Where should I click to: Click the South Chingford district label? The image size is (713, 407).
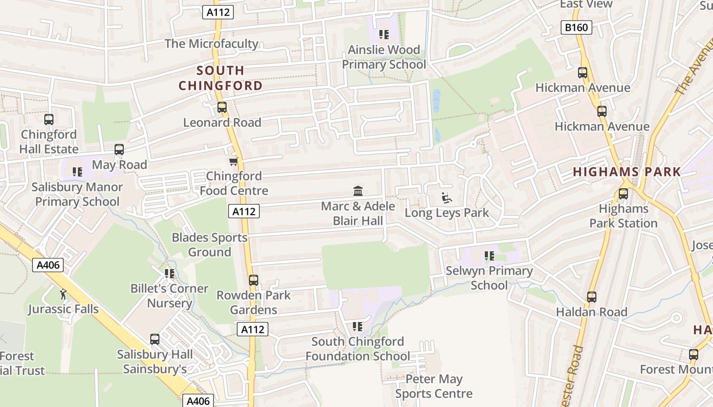[221, 78]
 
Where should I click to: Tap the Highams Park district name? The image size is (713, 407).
[626, 172]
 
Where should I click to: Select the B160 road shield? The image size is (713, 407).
[577, 27]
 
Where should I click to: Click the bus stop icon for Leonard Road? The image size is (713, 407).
[222, 107]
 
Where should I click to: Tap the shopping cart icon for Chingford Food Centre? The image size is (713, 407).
[233, 161]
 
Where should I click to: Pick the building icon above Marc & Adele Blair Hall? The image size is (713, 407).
[358, 191]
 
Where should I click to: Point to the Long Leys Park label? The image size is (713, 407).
[447, 213]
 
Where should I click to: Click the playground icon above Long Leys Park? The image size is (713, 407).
[447, 198]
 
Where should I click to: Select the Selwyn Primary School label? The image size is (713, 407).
[489, 278]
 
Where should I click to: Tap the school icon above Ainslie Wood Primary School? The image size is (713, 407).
[384, 35]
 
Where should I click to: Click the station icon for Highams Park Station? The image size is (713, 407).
[623, 194]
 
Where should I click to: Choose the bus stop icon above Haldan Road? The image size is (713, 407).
[591, 297]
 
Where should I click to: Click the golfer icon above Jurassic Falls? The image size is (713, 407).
[63, 294]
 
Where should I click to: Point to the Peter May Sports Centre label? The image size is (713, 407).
[434, 386]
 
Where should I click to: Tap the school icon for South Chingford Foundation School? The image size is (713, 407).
[358, 326]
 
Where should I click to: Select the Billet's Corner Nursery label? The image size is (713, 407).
[170, 296]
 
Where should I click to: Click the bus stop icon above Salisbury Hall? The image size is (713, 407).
[154, 339]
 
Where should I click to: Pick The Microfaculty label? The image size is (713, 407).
[211, 44]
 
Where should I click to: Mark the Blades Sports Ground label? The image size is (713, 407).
[209, 245]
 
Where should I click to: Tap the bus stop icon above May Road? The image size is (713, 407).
[119, 150]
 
